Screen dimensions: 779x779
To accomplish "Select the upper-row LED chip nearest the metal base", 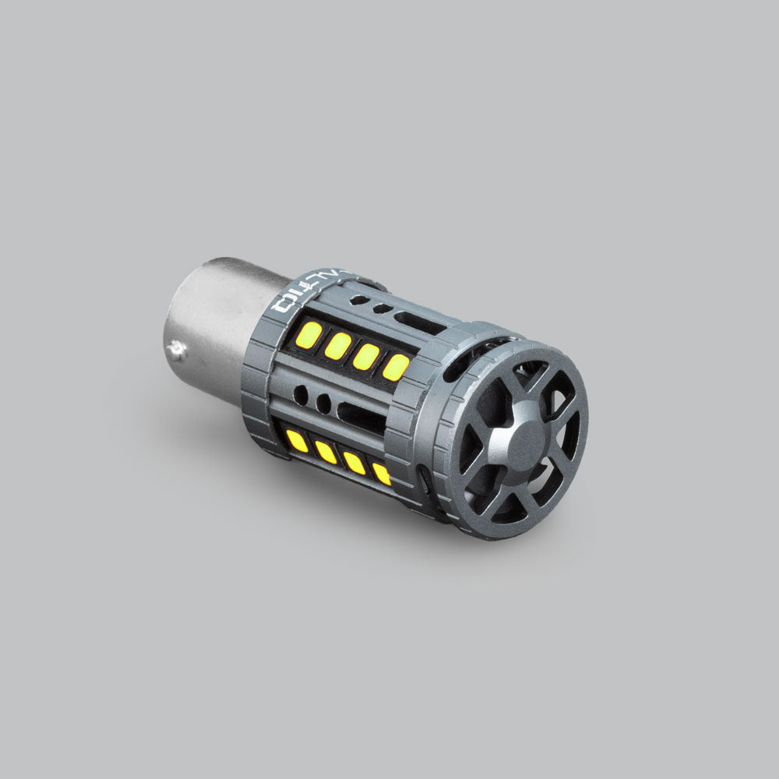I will point(309,335).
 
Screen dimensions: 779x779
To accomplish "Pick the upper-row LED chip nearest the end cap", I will point(396,367).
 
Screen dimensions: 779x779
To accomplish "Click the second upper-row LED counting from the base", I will point(338,346).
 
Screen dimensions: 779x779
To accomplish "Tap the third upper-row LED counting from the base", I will point(366,356).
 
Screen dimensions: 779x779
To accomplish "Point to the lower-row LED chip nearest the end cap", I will point(382,473).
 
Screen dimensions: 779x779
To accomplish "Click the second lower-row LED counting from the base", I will point(326,452).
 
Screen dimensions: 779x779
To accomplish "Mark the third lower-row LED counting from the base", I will point(354,463).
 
